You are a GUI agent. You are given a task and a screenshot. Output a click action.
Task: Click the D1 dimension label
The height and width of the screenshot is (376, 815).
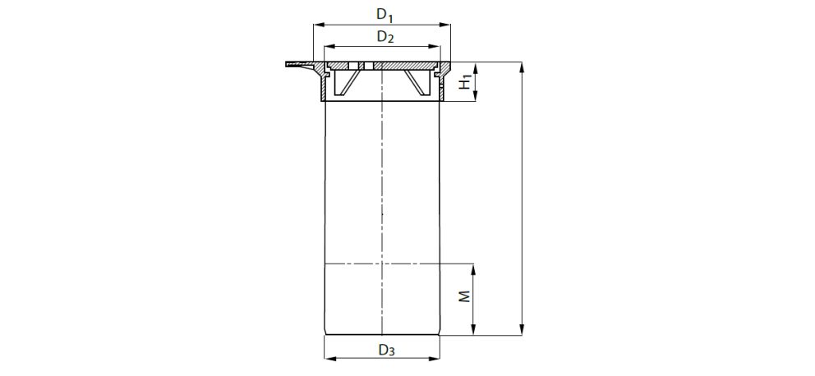pos(384,15)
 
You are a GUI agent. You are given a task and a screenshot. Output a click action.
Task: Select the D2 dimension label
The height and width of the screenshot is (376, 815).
pos(385,38)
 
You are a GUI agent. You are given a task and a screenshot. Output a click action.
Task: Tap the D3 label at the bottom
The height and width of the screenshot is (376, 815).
pos(386,351)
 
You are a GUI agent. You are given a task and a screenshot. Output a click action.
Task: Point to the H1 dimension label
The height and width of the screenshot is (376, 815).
pos(466,81)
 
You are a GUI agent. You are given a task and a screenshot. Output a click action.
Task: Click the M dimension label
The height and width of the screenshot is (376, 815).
pos(465,296)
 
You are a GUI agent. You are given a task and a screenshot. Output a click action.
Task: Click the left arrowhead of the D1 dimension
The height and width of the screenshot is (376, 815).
pos(319,25)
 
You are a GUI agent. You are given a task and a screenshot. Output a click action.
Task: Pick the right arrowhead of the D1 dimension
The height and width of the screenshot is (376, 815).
pos(444,25)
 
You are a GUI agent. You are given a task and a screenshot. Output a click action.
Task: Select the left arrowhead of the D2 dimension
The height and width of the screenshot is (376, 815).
pos(330,47)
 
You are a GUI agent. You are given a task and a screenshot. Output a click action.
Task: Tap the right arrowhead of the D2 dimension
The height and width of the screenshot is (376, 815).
pos(435,47)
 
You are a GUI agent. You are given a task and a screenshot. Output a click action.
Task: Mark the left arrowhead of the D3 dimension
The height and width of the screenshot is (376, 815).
pos(330,358)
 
